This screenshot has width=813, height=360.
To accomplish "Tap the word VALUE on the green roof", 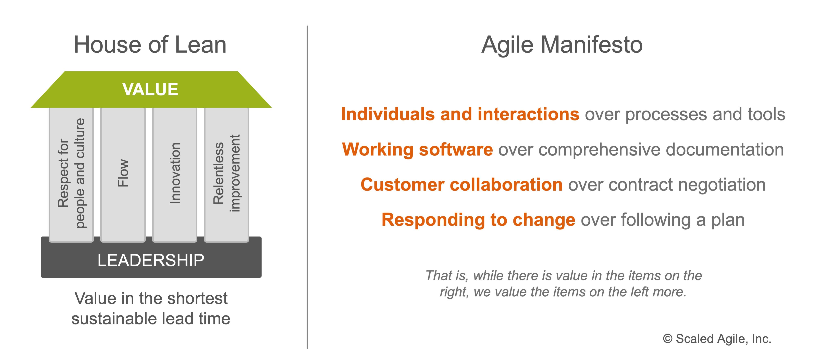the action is point(150,89).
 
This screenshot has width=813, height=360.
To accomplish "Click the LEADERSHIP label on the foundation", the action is point(151,260).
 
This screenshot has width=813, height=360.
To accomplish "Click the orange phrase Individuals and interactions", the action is point(460,114).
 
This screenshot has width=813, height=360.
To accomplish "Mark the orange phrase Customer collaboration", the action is point(461,185).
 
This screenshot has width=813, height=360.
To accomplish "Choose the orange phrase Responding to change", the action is point(478,220).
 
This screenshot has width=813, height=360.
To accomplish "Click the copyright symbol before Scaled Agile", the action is point(667,339).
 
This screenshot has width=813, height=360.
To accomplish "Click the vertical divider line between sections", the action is point(307,187).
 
